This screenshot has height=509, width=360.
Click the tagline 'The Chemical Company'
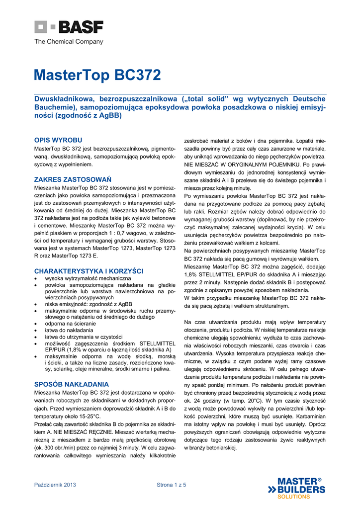[x=69, y=42]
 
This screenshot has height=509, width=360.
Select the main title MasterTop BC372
[x=97, y=75]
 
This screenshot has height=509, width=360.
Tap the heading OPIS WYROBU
[x=58, y=140]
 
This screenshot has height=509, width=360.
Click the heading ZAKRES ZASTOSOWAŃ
[x=73, y=179]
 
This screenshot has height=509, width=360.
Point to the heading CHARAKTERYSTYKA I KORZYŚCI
[x=89, y=271]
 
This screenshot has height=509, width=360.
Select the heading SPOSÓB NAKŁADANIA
[x=71, y=384]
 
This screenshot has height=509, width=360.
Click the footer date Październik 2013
[x=55, y=485]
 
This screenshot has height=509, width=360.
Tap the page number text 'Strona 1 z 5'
[x=172, y=485]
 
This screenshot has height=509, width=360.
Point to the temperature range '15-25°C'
[x=89, y=416]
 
